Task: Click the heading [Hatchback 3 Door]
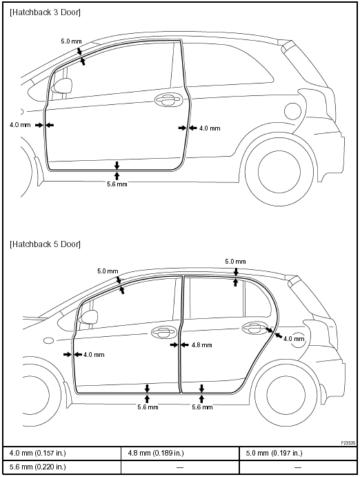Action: [x=46, y=12]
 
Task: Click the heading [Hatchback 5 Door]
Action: [x=46, y=244]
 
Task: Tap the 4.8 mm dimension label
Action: [x=201, y=345]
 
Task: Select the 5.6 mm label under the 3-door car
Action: [x=117, y=184]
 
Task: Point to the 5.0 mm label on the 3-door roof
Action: [x=71, y=41]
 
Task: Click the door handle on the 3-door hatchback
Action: [x=168, y=99]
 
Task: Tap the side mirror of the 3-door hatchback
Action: [x=62, y=86]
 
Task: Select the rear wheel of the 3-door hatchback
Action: [x=279, y=171]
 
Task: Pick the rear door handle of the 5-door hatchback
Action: [x=255, y=328]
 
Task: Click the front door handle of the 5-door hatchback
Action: [x=164, y=333]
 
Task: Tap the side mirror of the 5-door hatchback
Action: [x=88, y=318]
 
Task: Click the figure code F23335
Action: [x=348, y=443]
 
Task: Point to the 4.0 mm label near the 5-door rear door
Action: [x=294, y=338]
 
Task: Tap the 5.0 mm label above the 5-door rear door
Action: [x=235, y=262]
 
